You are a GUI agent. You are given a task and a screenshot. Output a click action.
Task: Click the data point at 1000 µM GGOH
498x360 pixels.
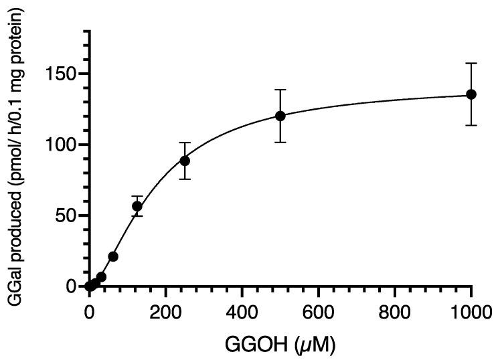[x=471, y=94]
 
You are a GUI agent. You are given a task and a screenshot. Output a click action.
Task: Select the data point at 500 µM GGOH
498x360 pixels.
[x=280, y=116]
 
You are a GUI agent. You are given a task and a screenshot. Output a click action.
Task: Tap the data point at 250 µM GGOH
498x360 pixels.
[x=185, y=161]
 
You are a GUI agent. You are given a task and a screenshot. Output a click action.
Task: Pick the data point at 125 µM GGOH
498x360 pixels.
[x=137, y=206]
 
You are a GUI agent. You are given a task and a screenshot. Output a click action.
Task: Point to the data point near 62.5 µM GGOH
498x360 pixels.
[x=113, y=256]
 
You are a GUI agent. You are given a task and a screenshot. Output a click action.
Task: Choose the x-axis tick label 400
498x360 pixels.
[x=242, y=312]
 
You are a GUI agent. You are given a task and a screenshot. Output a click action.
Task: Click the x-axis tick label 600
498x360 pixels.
[x=318, y=312]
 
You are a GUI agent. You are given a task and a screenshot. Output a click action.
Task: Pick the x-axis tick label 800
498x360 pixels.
[x=394, y=312]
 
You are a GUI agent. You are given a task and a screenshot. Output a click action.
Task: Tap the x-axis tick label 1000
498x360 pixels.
[x=471, y=312]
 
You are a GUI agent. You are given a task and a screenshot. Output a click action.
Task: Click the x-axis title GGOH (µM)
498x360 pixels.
[x=279, y=345]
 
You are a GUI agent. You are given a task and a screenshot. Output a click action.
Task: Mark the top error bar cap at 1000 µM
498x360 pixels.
[x=471, y=64]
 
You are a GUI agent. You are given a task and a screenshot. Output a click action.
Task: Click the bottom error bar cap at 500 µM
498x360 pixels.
[x=280, y=142]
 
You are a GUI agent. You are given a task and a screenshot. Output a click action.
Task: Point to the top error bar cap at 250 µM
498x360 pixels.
[x=185, y=143]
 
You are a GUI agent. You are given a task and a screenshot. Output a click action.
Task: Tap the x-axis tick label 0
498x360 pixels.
[x=89, y=312]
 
